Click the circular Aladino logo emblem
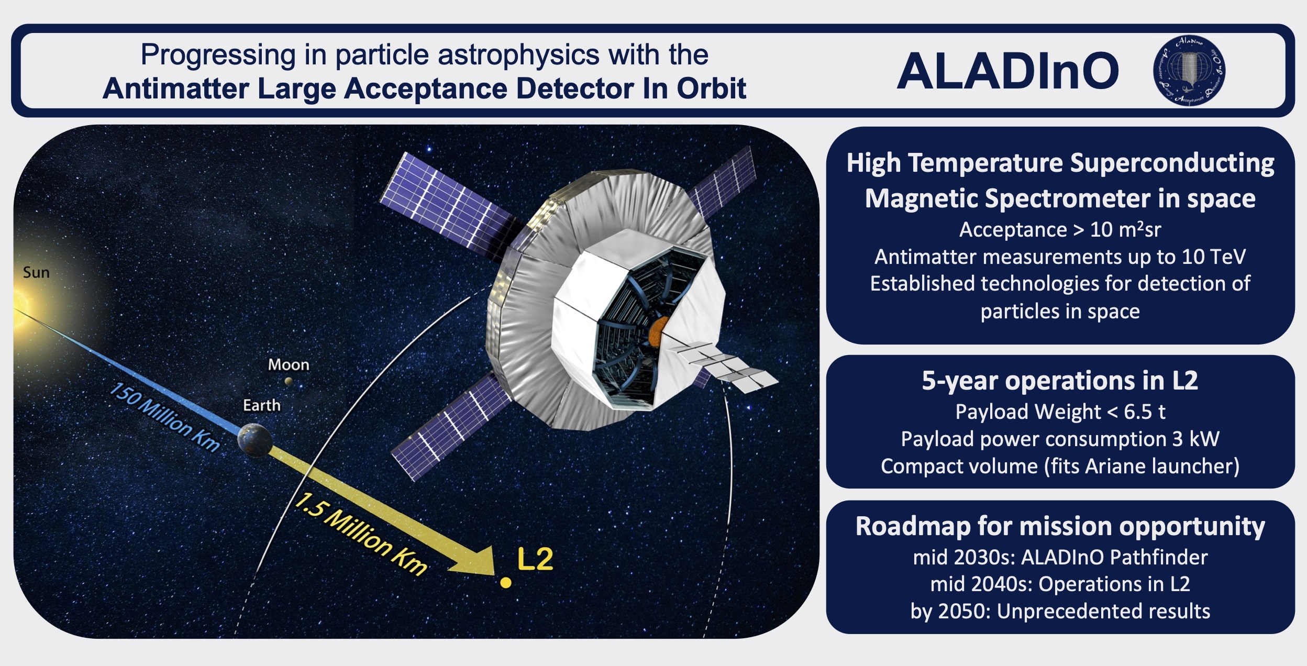[x=1189, y=71]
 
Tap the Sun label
[x=36, y=272]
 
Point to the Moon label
[x=289, y=364]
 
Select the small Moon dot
[x=289, y=381]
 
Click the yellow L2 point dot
[x=506, y=582]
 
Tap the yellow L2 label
[x=535, y=559]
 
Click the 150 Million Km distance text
[x=164, y=417]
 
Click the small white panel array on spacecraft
[x=726, y=366]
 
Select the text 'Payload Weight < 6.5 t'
[x=1060, y=412]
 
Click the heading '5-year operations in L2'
[x=1060, y=381]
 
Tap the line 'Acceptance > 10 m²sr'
[x=1060, y=229]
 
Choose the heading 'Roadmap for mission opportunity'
[x=1060, y=527]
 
